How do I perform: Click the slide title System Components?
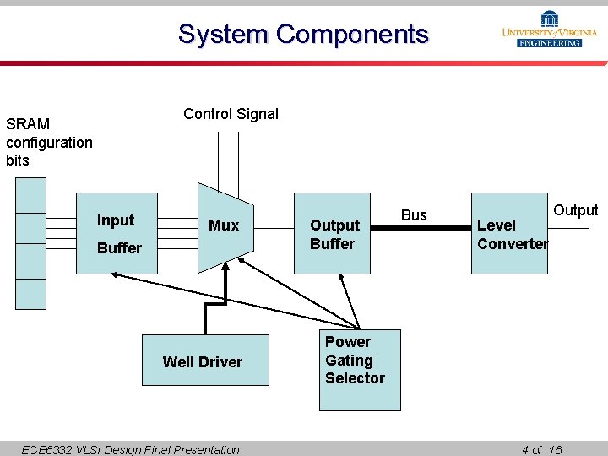303,35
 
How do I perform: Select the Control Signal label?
231,114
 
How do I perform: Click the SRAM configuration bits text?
49,142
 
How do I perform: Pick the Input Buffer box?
117,234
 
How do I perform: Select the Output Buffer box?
332,234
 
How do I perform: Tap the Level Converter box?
509,234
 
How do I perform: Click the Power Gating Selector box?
359,369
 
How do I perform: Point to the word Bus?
414,215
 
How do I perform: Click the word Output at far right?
575,210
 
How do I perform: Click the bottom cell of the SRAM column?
31,293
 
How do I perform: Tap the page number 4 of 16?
541,449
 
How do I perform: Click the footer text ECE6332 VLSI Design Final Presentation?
130,449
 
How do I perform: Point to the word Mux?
224,225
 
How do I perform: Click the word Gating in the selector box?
349,361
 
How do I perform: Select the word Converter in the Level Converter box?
513,244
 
